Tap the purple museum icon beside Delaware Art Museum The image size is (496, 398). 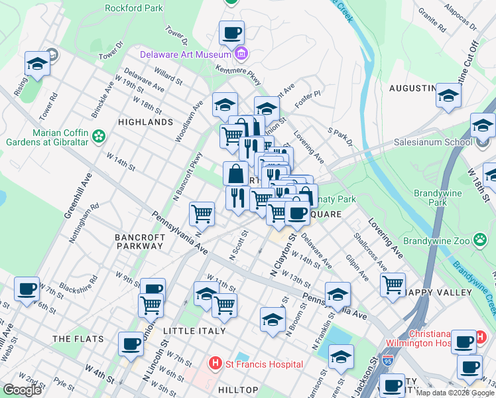tap(242, 54)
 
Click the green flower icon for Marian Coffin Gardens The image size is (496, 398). tap(99, 137)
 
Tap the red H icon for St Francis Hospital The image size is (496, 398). tap(214, 364)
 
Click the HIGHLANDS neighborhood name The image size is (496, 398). tap(145, 123)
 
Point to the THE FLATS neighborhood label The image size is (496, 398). tap(78, 339)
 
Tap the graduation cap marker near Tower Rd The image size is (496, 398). tap(37, 64)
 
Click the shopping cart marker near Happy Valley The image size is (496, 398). tap(393, 284)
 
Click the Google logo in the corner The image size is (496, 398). tap(23, 390)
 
